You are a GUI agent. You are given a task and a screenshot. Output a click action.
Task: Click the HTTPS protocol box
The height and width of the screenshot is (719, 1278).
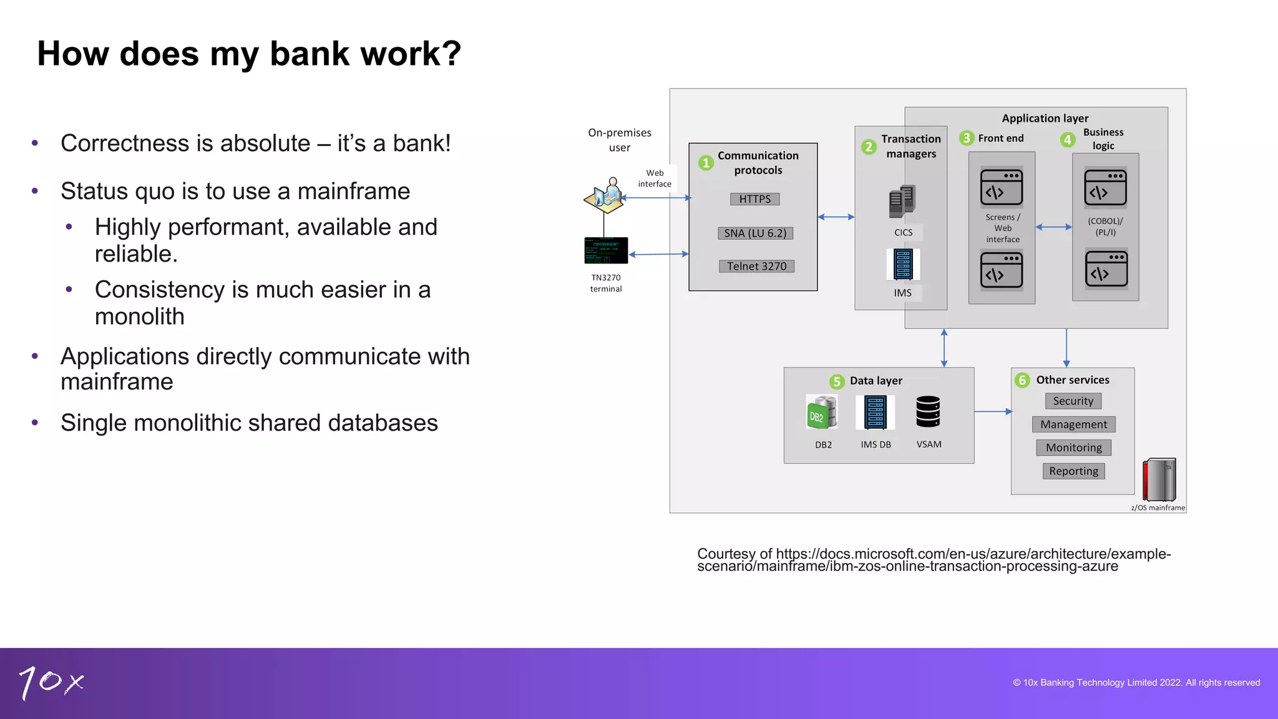pyautogui.click(x=754, y=199)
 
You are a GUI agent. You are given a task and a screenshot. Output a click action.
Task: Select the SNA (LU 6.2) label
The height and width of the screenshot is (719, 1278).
pyautogui.click(x=755, y=233)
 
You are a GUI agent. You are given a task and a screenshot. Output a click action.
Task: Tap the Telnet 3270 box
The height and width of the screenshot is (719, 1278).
pyautogui.click(x=756, y=267)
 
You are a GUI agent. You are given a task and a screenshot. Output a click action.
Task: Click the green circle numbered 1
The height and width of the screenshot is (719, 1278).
pyautogui.click(x=706, y=163)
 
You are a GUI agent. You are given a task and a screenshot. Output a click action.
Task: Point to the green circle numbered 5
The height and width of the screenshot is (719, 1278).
pyautogui.click(x=837, y=381)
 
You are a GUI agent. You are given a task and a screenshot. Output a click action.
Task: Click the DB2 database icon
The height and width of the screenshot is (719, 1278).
pyautogui.click(x=822, y=413)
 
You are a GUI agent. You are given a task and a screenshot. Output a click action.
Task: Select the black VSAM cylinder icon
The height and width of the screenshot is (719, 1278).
pyautogui.click(x=928, y=412)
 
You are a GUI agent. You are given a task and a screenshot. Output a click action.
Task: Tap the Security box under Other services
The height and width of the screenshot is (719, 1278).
pyautogui.click(x=1073, y=401)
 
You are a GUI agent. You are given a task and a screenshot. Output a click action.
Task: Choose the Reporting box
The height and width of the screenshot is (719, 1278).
pyautogui.click(x=1073, y=471)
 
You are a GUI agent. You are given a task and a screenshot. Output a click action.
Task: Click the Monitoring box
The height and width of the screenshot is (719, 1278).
pyautogui.click(x=1073, y=448)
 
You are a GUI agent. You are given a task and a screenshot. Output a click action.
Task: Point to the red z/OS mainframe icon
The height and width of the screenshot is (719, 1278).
pyautogui.click(x=1159, y=480)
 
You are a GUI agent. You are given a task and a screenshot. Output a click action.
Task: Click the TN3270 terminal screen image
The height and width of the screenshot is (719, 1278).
pyautogui.click(x=606, y=251)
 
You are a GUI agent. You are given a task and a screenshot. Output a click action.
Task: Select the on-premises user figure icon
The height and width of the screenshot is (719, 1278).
pyautogui.click(x=605, y=195)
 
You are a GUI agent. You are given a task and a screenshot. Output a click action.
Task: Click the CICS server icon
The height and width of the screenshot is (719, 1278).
pyautogui.click(x=902, y=202)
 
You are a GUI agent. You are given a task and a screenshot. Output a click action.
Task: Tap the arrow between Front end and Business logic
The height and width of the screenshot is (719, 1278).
pyautogui.click(x=1053, y=227)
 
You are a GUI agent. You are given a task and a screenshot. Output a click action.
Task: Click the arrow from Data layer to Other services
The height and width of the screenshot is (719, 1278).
pyautogui.click(x=992, y=412)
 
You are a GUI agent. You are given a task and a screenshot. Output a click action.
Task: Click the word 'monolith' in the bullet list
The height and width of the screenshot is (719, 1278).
pyautogui.click(x=140, y=317)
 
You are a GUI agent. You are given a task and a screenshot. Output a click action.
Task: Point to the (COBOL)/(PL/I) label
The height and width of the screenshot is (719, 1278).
pyautogui.click(x=1105, y=227)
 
